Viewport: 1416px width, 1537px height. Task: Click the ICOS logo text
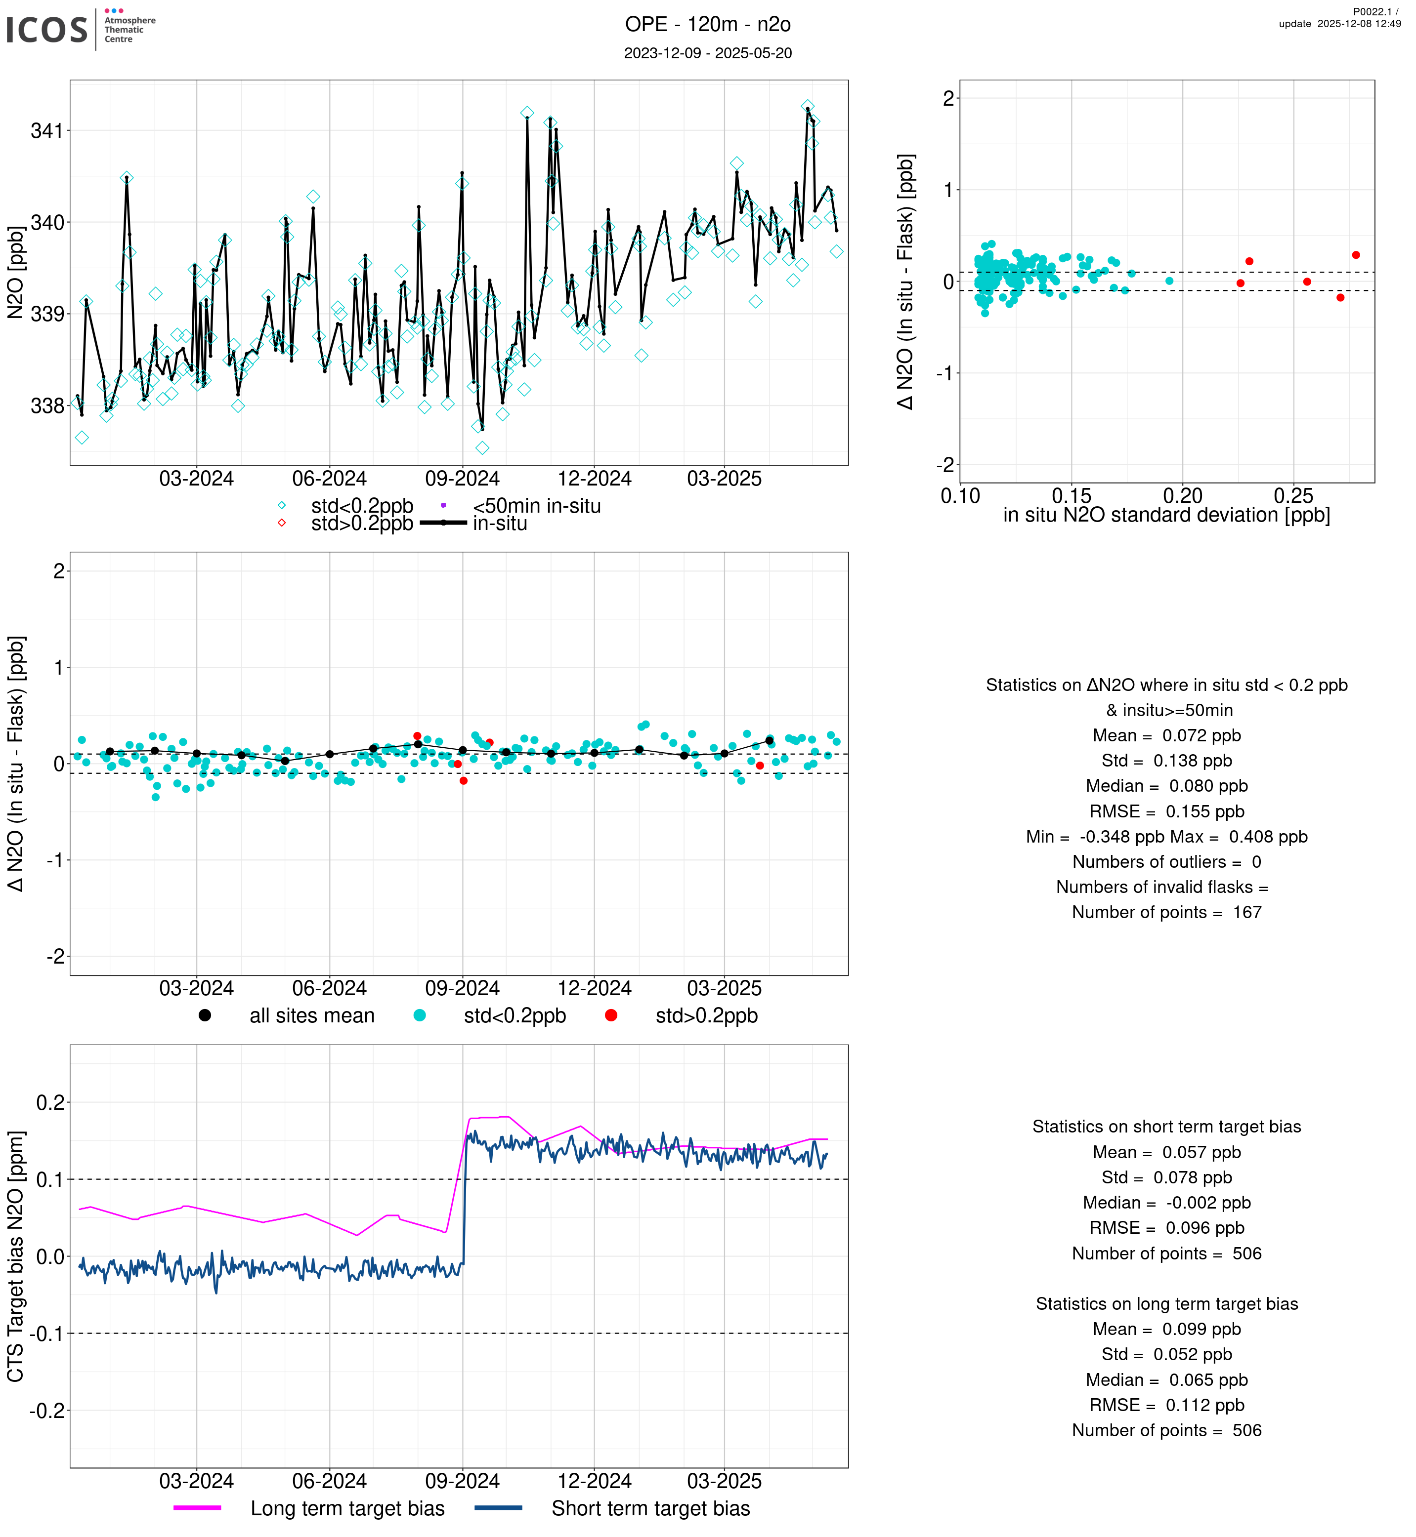click(x=47, y=30)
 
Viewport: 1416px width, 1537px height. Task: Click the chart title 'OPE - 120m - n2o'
click(x=707, y=25)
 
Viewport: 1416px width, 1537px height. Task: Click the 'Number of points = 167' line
click(x=1166, y=912)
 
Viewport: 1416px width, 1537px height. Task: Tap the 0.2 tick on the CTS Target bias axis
click(x=50, y=1103)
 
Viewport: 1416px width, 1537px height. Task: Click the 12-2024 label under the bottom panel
click(x=594, y=1481)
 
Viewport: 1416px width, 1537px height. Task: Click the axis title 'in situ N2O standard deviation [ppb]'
click(x=1166, y=516)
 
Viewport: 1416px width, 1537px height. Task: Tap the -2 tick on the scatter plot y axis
click(x=945, y=465)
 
